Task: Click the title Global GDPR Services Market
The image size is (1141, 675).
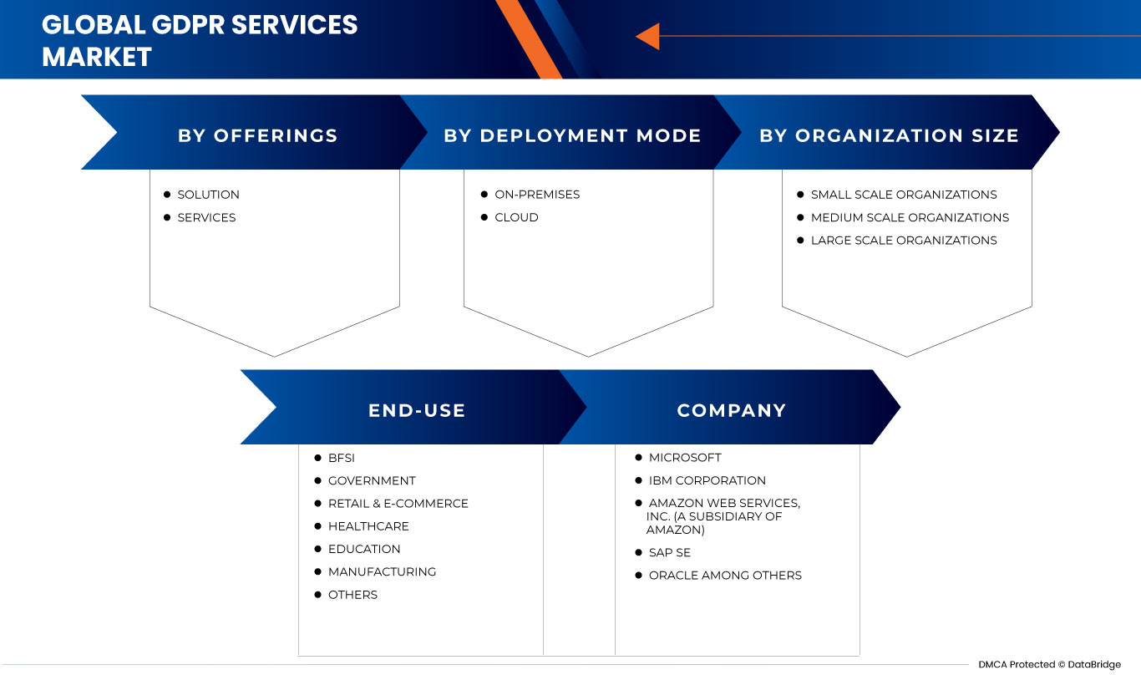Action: (200, 40)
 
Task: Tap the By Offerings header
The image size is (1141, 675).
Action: (257, 135)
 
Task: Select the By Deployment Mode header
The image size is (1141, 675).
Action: (572, 135)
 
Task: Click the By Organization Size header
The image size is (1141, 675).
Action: (889, 135)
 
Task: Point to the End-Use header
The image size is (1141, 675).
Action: (417, 410)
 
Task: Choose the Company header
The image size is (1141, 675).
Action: (732, 410)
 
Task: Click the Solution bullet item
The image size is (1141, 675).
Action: (208, 195)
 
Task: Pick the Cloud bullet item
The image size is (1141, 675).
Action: (516, 217)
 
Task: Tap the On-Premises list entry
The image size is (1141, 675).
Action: (536, 195)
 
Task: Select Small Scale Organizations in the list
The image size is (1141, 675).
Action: (903, 195)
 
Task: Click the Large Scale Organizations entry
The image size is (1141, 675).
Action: (903, 241)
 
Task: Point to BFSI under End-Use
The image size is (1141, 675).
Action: (341, 458)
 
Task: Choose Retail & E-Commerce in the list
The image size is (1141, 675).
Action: (398, 504)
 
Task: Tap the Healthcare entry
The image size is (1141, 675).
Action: (368, 526)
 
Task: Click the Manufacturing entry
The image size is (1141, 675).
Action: (382, 572)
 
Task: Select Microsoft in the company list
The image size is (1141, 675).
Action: (684, 458)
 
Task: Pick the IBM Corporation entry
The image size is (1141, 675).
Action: (707, 480)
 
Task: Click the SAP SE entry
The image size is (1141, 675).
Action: (669, 552)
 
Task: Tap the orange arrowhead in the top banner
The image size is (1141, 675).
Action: (647, 36)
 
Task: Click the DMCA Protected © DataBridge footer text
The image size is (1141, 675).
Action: (1050, 664)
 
